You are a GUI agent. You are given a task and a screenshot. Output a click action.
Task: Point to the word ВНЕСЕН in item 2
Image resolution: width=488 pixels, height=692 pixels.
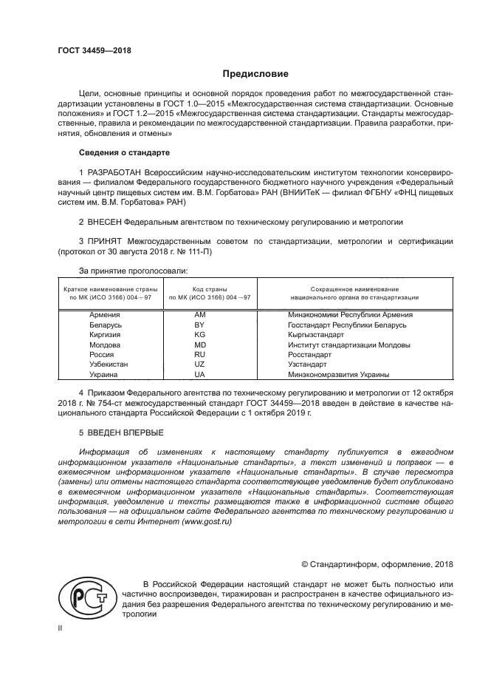[103, 221]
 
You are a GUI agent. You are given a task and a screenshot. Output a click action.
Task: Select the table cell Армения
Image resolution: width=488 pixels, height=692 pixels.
[105, 314]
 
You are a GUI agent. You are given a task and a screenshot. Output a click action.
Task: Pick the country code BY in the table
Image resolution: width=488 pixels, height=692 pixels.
[199, 325]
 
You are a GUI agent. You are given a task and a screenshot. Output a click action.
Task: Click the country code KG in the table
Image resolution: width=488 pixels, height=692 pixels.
[199, 334]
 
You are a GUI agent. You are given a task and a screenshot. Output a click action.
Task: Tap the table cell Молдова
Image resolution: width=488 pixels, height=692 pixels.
[105, 345]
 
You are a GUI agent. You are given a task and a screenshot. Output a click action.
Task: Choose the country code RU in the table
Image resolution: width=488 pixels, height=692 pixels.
[199, 354]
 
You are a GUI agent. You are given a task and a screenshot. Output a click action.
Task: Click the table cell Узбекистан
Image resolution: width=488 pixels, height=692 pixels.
[109, 364]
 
